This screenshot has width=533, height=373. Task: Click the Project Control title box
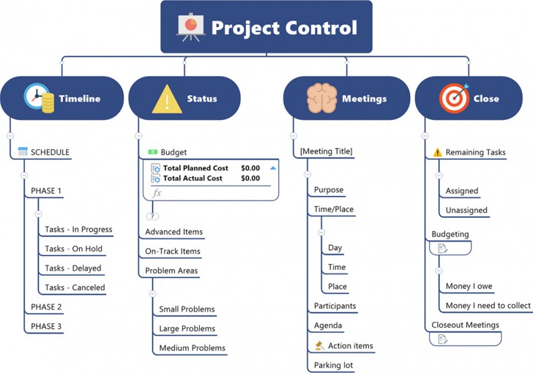coord(266,27)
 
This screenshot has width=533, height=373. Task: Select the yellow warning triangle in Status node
coord(166,99)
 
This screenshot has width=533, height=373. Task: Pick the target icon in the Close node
coord(454,99)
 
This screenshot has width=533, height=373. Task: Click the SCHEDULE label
coord(51,152)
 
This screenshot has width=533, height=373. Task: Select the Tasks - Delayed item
coord(73,268)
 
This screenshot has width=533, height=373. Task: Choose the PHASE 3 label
coord(46,326)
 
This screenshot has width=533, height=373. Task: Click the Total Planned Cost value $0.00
coord(250,168)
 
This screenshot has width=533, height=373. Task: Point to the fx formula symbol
coord(156,193)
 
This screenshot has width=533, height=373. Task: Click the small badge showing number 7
coord(152,216)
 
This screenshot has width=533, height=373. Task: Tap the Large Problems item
coord(187,328)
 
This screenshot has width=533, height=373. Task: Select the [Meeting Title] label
coord(326,151)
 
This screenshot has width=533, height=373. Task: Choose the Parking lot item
coord(334,365)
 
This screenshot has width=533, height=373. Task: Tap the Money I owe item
coord(469,287)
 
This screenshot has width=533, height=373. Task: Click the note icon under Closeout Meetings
coord(442,339)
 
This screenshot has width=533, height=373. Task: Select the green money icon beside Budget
coord(152,152)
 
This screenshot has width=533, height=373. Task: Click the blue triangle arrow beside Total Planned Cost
coord(273,168)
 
